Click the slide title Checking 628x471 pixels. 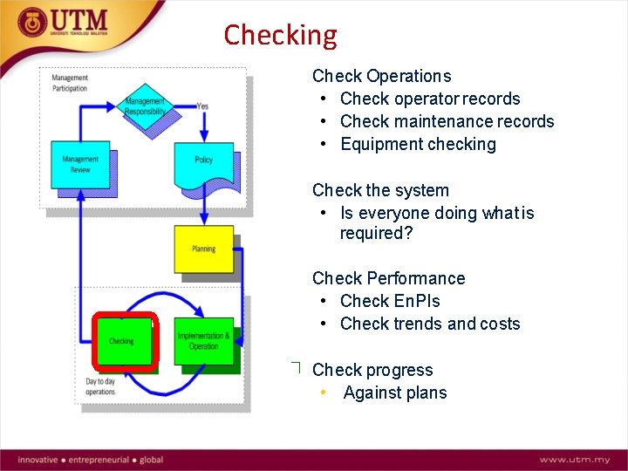coord(280,35)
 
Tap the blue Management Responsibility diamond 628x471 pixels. coord(145,106)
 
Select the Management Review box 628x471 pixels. coord(80,164)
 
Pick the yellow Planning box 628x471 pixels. coord(203,249)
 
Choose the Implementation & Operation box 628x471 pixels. coord(203,340)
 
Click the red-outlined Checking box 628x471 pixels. coord(122,341)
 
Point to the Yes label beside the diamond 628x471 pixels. coord(202,106)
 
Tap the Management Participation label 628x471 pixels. coord(70,83)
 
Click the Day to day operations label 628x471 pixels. coord(100,387)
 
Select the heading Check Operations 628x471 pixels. coord(382,76)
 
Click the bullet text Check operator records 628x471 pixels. coord(430,99)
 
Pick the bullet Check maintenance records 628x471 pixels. coord(447,121)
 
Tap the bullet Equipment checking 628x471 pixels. coord(418,144)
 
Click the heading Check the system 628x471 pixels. coord(380,190)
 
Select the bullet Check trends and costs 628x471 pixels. coord(430,324)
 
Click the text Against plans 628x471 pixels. coord(395,392)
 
